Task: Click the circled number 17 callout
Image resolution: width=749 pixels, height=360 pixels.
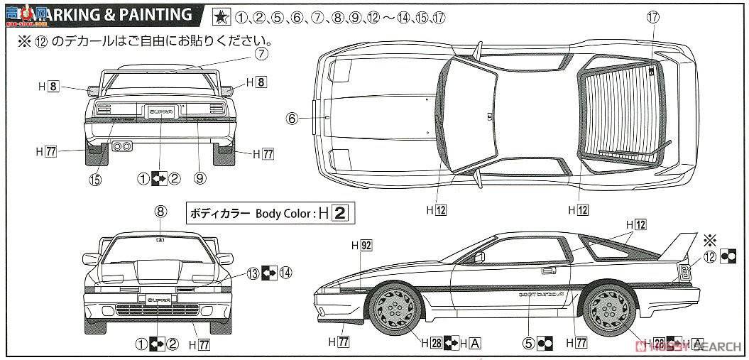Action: tap(653, 20)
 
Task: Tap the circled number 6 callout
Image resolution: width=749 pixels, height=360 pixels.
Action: tap(291, 119)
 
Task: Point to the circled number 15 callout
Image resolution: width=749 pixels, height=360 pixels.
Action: tap(95, 179)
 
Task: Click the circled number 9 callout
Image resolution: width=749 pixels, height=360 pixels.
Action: tap(199, 179)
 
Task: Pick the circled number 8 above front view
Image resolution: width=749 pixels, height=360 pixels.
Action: tap(160, 210)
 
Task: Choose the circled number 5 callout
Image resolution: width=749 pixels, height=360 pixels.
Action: tap(528, 343)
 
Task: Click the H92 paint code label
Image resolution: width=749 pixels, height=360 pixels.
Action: tap(362, 246)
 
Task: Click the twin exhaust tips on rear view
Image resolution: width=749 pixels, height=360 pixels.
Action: tap(122, 146)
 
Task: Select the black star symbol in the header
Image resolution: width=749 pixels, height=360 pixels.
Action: tap(222, 15)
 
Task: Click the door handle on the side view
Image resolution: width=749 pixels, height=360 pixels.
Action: tap(547, 271)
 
